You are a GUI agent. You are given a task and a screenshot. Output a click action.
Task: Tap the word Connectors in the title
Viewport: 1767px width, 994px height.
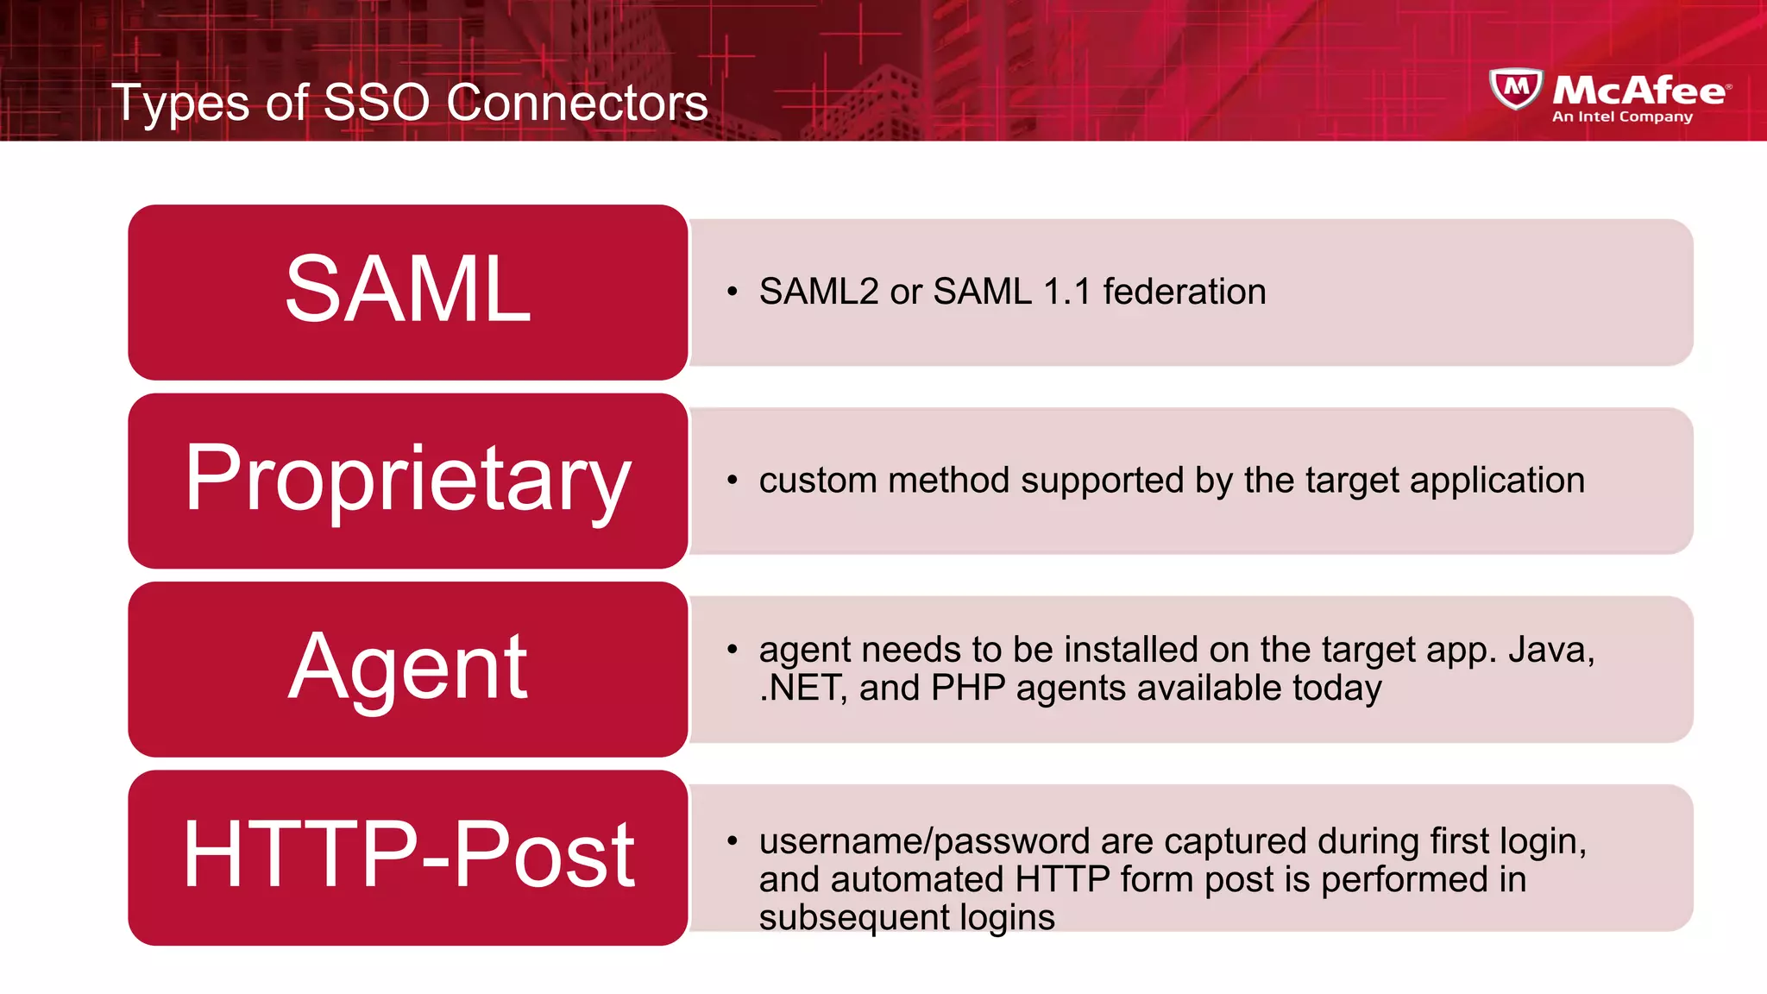click(576, 103)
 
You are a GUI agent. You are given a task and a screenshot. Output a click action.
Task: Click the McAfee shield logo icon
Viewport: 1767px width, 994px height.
click(1516, 89)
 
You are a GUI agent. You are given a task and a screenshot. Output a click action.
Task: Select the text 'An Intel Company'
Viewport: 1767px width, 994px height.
click(1622, 116)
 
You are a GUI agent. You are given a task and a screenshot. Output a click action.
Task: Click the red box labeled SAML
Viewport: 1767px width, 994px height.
click(407, 292)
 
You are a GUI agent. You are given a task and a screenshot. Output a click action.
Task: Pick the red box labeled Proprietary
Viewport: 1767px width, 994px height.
click(407, 481)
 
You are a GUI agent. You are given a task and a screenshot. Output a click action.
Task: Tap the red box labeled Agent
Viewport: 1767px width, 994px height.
click(407, 669)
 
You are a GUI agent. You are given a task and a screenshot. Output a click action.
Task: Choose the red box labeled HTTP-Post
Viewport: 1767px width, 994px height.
click(407, 857)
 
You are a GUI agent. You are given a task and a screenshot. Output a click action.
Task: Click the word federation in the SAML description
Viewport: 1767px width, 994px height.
click(1184, 292)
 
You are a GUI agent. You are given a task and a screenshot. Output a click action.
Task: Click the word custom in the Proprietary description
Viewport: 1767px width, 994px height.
click(818, 481)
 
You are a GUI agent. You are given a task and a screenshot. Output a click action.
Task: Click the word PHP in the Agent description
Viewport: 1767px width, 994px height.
click(968, 689)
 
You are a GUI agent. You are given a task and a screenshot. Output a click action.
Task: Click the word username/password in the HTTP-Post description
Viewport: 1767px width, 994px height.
click(924, 841)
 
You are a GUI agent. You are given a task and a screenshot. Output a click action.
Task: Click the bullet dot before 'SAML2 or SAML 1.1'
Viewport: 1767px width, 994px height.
click(733, 292)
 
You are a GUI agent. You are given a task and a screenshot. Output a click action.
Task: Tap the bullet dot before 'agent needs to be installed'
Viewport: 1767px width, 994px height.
click(733, 649)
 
